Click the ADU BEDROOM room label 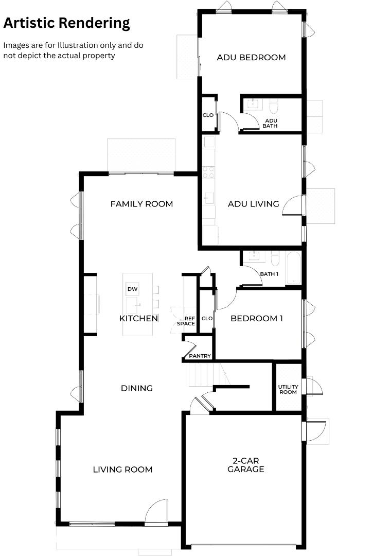(251, 58)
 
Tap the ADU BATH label (271, 123)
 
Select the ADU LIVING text (253, 204)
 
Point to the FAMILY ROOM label (141, 204)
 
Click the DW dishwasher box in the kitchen (132, 289)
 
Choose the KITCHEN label (138, 319)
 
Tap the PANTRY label (200, 356)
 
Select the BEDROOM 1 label (257, 319)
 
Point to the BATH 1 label (269, 274)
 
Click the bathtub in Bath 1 (294, 268)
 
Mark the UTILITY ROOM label (288, 389)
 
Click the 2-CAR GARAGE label (246, 465)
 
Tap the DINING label (137, 388)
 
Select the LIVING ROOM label (122, 470)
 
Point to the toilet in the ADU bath (274, 106)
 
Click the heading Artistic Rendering (66, 23)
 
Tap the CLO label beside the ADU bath (208, 115)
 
